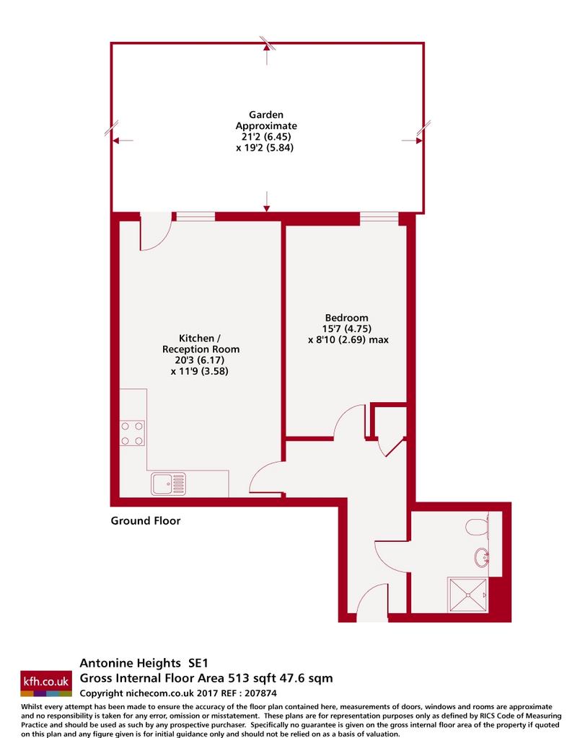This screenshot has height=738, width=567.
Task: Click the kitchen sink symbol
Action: [169, 484]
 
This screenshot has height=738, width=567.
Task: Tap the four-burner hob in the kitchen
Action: [132, 433]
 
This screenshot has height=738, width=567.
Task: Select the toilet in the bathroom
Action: [477, 527]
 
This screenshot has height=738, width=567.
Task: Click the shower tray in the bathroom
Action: [468, 595]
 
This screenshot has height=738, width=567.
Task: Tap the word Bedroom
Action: [346, 318]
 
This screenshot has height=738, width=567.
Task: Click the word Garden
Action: [266, 115]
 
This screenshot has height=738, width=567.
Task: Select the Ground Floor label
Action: [146, 520]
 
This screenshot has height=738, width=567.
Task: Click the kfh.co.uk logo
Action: [46, 683]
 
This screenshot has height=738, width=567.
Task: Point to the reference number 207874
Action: [261, 693]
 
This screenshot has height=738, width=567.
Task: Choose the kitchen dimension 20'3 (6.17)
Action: [200, 360]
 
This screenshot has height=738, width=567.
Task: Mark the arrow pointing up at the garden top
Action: [267, 53]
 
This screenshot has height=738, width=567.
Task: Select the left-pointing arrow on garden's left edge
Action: [123, 141]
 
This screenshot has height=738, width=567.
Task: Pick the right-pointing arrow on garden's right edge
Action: [412, 141]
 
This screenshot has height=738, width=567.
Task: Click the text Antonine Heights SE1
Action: [144, 663]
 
